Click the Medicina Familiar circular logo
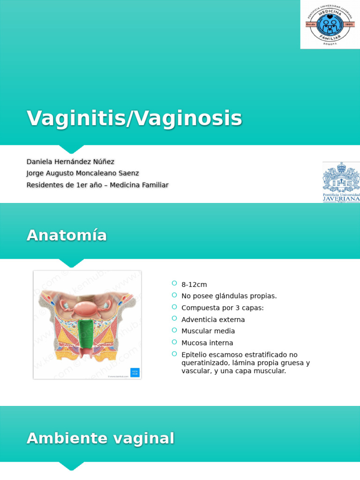click(330, 24)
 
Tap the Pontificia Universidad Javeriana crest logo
click(341, 182)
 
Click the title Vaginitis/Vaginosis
click(134, 118)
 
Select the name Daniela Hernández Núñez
click(70, 162)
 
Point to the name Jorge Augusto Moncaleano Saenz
click(82, 173)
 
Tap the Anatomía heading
click(67, 235)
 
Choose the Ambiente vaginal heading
click(100, 439)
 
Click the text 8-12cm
click(194, 285)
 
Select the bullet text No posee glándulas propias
click(229, 296)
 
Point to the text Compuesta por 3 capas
click(223, 308)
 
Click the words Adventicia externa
click(213, 320)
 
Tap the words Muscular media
click(208, 331)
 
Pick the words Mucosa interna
click(207, 343)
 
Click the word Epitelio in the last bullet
click(194, 355)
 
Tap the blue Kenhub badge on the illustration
click(135, 373)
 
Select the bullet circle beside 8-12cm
click(174, 284)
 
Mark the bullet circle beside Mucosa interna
click(174, 342)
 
